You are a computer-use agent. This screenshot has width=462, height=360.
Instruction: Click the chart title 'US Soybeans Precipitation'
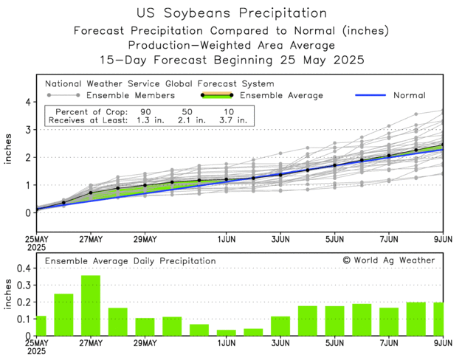click(x=232, y=13)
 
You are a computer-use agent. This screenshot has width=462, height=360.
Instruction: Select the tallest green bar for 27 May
click(x=91, y=305)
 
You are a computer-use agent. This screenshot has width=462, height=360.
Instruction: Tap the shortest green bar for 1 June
click(x=227, y=332)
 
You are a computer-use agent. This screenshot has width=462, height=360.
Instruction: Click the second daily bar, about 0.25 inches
click(x=63, y=314)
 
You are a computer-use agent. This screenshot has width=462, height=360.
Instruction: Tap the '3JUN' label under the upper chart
click(x=280, y=240)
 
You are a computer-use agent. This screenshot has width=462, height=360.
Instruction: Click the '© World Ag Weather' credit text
click(x=388, y=260)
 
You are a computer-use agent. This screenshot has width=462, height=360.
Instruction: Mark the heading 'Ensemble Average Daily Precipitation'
click(x=130, y=260)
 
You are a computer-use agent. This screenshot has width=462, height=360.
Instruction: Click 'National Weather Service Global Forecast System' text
click(x=159, y=84)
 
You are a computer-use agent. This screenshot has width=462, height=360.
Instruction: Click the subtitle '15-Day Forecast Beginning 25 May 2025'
click(x=232, y=58)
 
